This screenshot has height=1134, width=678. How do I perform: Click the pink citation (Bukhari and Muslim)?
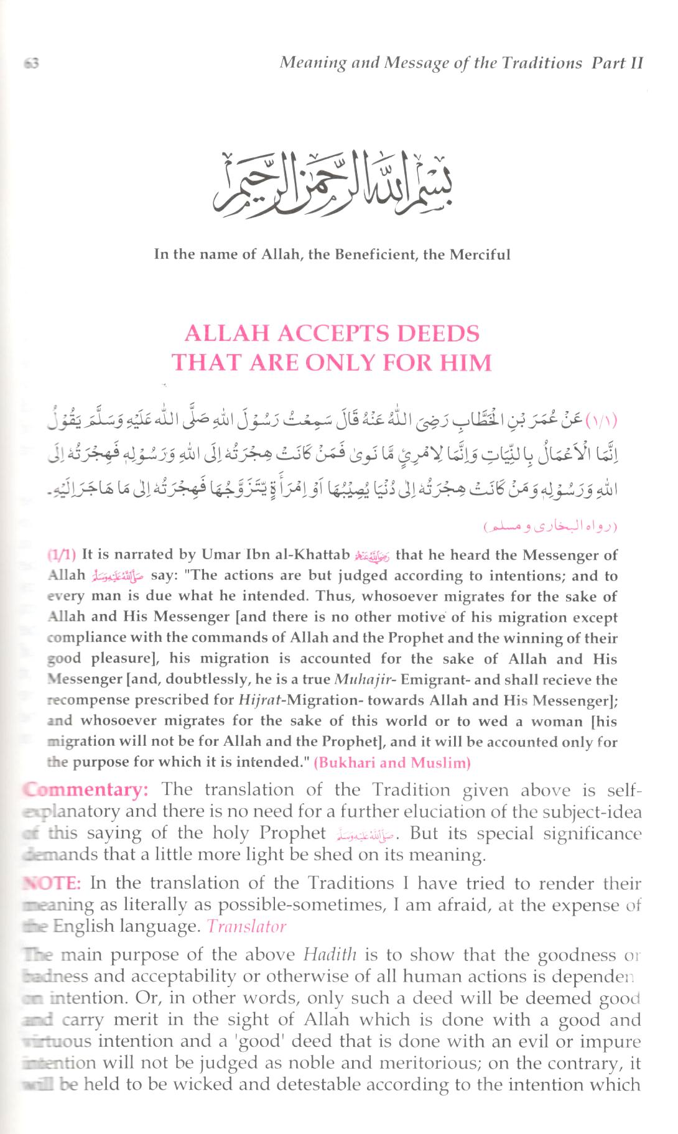coord(392,763)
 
